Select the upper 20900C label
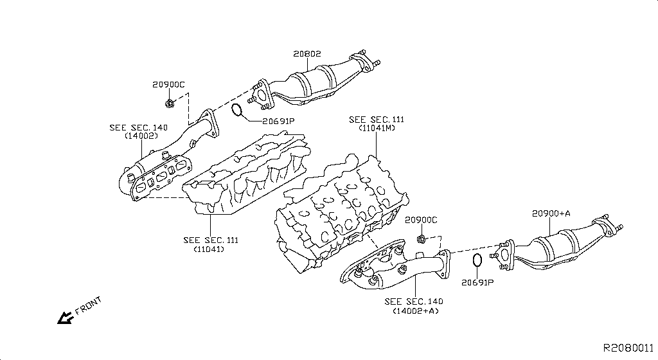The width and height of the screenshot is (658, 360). [168, 84]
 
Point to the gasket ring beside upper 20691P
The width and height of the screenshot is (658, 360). [237, 111]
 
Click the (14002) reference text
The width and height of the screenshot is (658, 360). [141, 136]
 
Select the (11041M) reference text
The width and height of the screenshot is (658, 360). [377, 129]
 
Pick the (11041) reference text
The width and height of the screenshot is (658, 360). [210, 249]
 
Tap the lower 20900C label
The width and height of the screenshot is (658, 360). [421, 220]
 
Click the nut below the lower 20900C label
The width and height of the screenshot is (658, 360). [421, 239]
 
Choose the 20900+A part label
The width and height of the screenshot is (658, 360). [551, 213]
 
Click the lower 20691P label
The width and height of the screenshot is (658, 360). [477, 282]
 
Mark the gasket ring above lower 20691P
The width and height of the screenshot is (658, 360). [477, 261]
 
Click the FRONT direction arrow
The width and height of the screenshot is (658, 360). [65, 317]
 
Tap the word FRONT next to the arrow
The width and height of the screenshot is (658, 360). [88, 305]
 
